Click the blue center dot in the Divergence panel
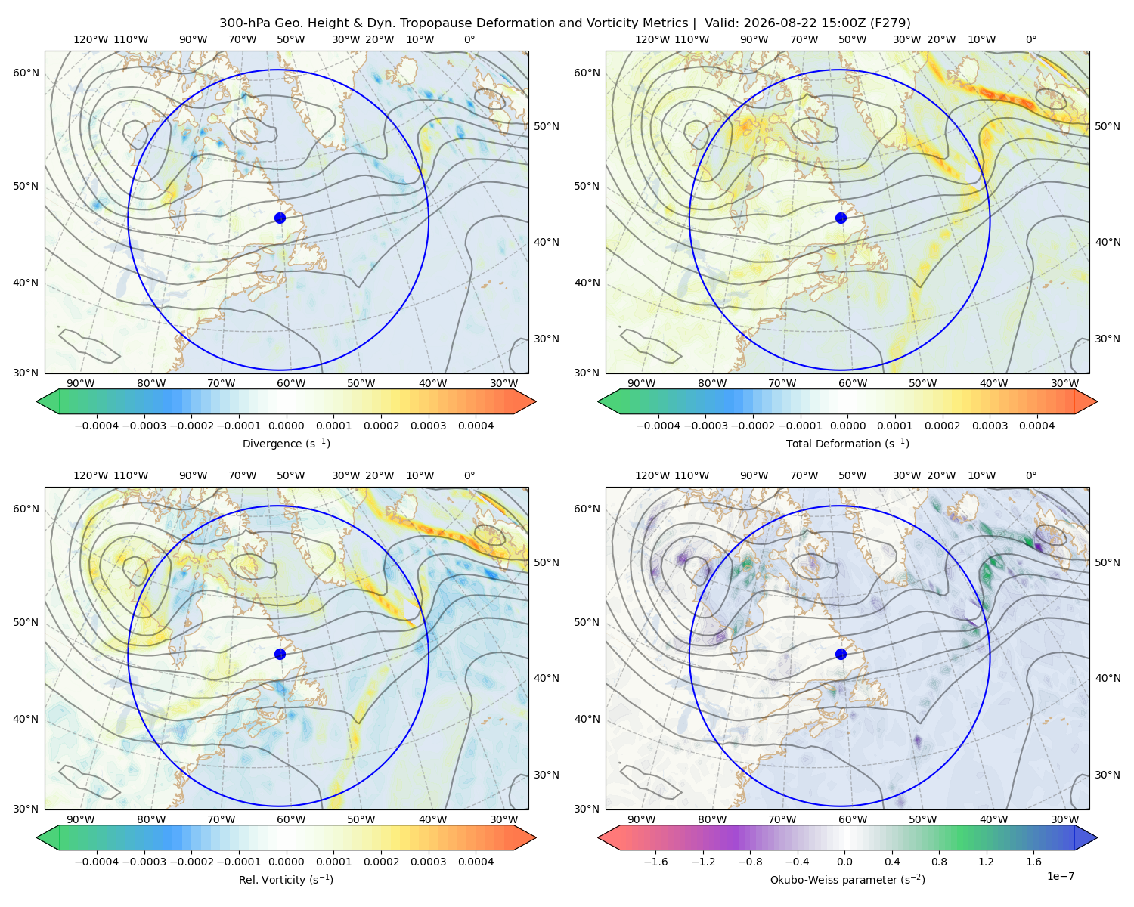pyautogui.click(x=280, y=218)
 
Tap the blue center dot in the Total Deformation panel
pyautogui.click(x=841, y=218)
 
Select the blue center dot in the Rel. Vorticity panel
pyautogui.click(x=280, y=654)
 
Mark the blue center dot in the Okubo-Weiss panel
pyautogui.click(x=841, y=654)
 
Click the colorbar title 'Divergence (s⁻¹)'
pyautogui.click(x=286, y=444)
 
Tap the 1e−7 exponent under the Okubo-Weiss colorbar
pyautogui.click(x=1060, y=877)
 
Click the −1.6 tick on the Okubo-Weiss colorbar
pyautogui.click(x=655, y=862)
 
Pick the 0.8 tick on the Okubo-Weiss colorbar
pyautogui.click(x=939, y=862)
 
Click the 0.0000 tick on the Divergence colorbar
pyautogui.click(x=286, y=426)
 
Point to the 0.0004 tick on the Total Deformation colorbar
pyautogui.click(x=1037, y=426)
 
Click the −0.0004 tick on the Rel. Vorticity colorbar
pyautogui.click(x=97, y=862)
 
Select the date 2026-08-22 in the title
pyautogui.click(x=765, y=23)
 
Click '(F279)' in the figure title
pyautogui.click(x=891, y=23)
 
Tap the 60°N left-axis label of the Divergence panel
pyautogui.click(x=26, y=73)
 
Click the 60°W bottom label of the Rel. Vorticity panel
pyautogui.click(x=291, y=819)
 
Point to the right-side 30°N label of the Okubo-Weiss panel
pyautogui.click(x=1108, y=775)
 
